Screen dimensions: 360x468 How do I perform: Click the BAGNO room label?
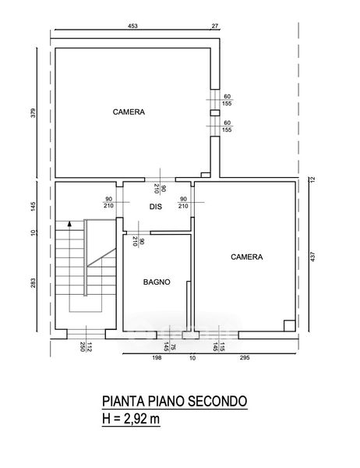157,282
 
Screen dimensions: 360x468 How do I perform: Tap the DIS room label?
156,207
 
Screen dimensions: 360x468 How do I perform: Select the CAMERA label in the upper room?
129,112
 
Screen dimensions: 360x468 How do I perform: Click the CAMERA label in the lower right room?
247,257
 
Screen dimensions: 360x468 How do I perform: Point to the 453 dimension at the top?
132,26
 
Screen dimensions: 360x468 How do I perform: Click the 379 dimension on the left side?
33,113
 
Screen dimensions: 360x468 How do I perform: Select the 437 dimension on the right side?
312,257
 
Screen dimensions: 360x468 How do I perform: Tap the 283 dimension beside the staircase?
33,283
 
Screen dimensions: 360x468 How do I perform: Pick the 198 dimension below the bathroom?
157,357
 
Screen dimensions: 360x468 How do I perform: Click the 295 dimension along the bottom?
245,357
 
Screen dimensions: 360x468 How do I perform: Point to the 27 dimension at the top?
215,26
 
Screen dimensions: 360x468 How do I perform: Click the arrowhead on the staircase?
69,223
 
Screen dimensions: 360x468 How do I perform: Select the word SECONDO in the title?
218,401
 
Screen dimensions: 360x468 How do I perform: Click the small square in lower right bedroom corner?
289,325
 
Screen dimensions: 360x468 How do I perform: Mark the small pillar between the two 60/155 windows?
215,113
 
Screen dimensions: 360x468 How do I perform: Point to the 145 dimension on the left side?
33,206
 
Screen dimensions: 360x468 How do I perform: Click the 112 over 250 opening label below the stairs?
86,346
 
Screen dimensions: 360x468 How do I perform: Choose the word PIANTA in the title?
123,401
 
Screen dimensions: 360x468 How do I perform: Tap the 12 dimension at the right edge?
312,179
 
